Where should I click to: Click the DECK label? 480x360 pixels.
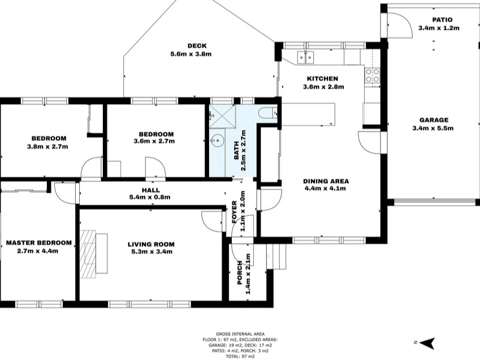197,46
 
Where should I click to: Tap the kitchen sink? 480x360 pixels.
305,57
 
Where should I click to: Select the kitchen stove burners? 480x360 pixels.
372,75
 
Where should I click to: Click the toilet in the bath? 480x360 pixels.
267,113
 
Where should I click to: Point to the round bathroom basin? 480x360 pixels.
218,141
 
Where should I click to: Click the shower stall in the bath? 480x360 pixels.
223,116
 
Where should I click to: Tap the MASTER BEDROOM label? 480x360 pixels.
39,243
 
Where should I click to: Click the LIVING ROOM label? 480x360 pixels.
151,244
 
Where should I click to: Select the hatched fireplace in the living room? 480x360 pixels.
88,254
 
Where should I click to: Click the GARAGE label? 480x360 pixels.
434,120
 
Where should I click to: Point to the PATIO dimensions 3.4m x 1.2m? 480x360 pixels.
439,28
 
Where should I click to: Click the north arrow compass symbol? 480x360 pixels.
426,342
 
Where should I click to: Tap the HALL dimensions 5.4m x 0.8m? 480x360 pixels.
150,197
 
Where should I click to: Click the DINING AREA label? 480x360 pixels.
326,181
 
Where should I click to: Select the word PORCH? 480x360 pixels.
239,273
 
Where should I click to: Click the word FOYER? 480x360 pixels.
235,211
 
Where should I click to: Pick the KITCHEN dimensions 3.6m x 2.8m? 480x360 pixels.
323,86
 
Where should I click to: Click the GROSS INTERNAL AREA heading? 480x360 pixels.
240,334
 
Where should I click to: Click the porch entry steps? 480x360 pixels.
276,256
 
